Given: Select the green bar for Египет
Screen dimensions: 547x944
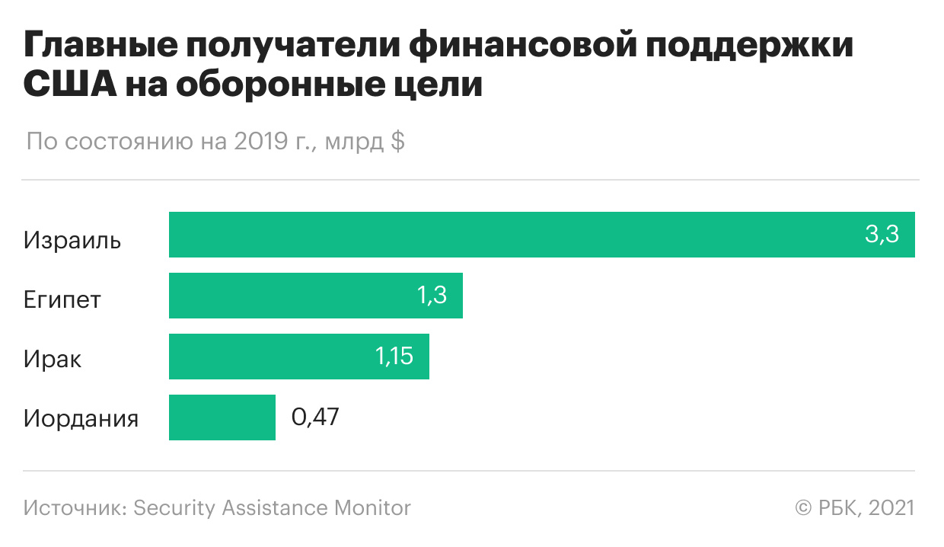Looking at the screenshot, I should pyautogui.click(x=305, y=296).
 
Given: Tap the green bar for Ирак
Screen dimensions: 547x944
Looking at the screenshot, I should pyautogui.click(x=289, y=357).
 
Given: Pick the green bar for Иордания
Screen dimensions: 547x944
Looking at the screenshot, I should pyautogui.click(x=222, y=417).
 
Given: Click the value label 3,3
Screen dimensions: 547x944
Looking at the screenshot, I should pyautogui.click(x=882, y=235).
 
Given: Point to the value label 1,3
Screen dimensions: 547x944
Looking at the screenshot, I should pyautogui.click(x=431, y=296).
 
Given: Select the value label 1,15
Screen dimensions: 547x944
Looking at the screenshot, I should pyautogui.click(x=394, y=357).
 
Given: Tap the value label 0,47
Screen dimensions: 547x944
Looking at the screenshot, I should pyautogui.click(x=315, y=417).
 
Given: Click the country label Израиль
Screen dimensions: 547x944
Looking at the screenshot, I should pyautogui.click(x=72, y=241).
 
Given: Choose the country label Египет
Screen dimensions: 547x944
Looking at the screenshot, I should pyautogui.click(x=62, y=300).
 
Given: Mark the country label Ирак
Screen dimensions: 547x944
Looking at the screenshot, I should pyautogui.click(x=53, y=359).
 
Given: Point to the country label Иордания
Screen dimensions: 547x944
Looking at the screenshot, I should pyautogui.click(x=81, y=419).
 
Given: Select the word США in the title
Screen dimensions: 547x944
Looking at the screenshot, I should pyautogui.click(x=69, y=85).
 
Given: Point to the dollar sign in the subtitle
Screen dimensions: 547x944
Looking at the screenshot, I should pyautogui.click(x=397, y=142).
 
